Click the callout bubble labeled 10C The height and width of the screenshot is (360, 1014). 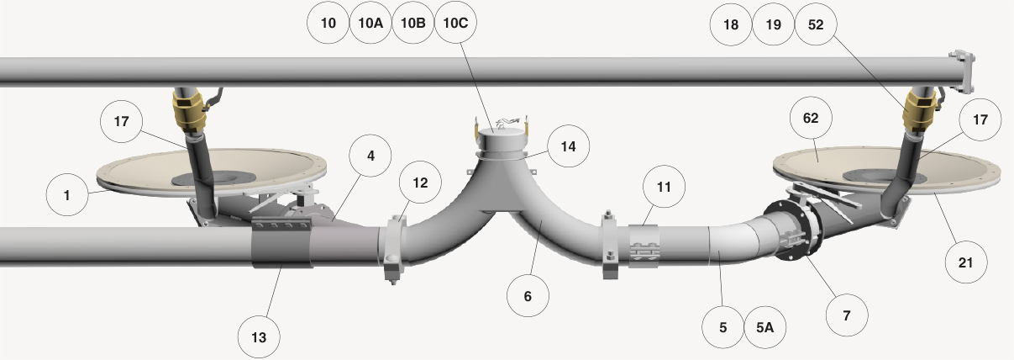(x=455, y=22)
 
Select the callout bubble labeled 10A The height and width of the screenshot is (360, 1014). (x=370, y=23)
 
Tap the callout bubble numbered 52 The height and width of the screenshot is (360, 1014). (x=816, y=24)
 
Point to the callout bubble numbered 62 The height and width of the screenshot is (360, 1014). (x=811, y=118)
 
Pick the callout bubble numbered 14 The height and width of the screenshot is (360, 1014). (x=569, y=146)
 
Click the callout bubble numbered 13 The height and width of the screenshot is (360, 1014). (x=259, y=337)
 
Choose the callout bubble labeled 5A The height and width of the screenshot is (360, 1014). (x=765, y=327)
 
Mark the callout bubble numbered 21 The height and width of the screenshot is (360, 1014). (x=966, y=262)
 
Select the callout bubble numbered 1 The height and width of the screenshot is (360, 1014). (x=67, y=195)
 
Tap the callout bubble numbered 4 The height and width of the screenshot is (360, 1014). (x=370, y=156)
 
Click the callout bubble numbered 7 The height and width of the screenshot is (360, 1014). (x=847, y=315)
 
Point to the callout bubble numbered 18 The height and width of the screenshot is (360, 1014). (x=731, y=24)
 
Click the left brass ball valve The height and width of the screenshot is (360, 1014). (x=190, y=111)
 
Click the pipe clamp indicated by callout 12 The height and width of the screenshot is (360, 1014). (x=393, y=249)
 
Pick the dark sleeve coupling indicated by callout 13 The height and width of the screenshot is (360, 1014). (x=281, y=244)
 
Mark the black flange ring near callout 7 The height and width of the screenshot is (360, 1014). (x=793, y=230)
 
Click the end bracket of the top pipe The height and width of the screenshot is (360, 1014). (x=963, y=71)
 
